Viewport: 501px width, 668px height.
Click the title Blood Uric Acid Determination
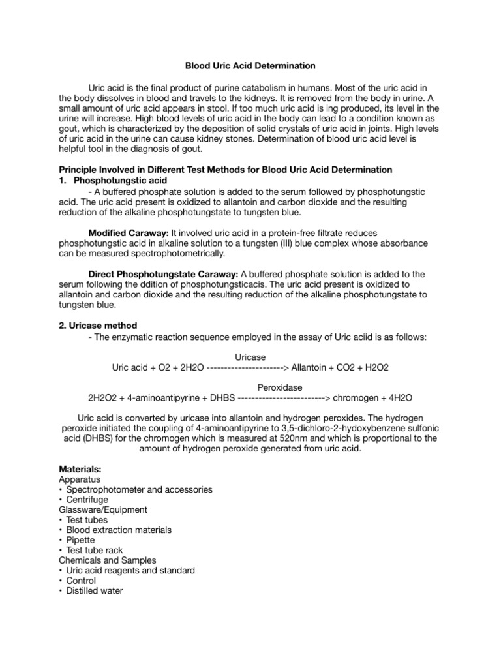tap(250, 66)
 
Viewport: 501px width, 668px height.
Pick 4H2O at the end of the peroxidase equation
tap(398, 397)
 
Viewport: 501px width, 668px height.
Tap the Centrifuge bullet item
tap(87, 500)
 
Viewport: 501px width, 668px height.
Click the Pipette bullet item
tap(80, 540)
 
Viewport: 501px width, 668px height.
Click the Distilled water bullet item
tap(94, 591)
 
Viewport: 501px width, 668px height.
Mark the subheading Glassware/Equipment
tap(103, 509)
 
